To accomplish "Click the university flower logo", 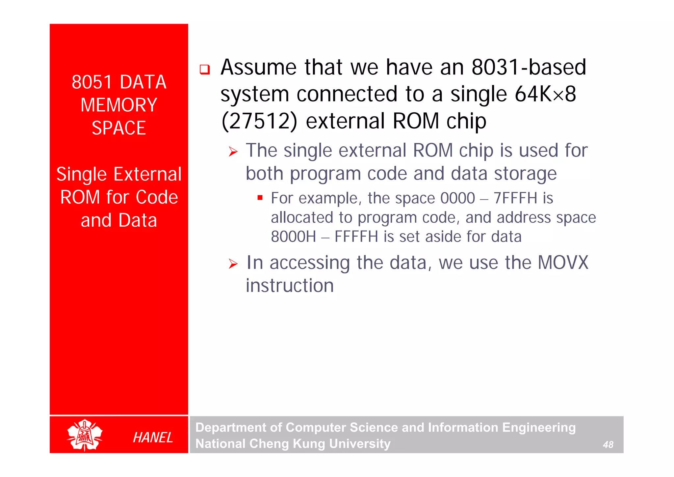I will (85, 435).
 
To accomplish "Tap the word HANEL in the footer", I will (153, 437).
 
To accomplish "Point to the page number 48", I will (608, 445).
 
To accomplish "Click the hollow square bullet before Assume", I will (205, 70).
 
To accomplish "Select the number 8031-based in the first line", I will (529, 67).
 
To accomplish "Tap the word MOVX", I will (563, 263).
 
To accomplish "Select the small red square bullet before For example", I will (260, 198).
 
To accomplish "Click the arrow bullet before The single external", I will (233, 152).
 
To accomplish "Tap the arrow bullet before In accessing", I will (233, 264).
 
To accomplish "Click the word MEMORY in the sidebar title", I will (119, 105).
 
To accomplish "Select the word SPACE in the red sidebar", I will (119, 128).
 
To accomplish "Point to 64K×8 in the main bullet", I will (545, 94).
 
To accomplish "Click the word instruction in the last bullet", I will (290, 286).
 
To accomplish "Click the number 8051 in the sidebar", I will (92, 82).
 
